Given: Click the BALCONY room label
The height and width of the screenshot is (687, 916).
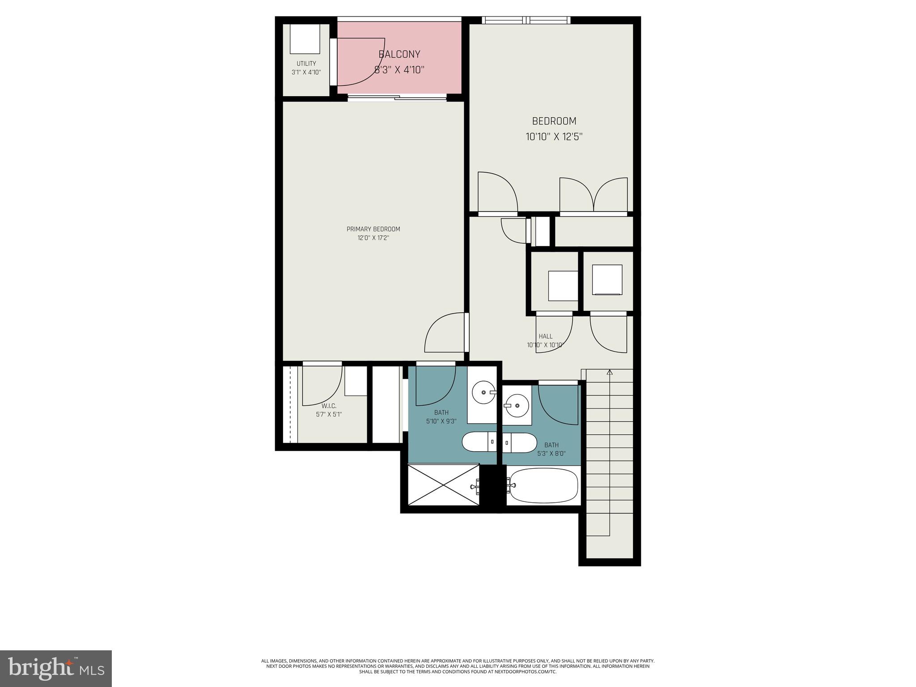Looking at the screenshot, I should click(x=399, y=55).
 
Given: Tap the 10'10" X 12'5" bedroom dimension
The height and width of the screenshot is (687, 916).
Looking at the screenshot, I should click(x=554, y=137).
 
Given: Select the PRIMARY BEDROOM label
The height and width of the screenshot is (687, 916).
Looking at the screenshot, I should click(x=373, y=229).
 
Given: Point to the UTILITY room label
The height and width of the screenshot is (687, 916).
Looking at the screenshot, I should click(x=306, y=64).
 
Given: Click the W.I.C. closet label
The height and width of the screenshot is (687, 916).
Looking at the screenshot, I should click(x=329, y=406).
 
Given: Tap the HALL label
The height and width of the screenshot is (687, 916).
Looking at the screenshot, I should click(x=545, y=336).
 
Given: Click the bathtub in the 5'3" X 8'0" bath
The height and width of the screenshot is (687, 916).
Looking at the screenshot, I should click(x=543, y=485).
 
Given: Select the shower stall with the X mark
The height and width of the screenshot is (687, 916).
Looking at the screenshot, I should click(x=443, y=485).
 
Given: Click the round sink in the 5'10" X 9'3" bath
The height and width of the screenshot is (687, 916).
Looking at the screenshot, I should click(x=484, y=392).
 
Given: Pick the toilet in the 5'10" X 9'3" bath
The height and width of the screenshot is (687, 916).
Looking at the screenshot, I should click(x=479, y=442).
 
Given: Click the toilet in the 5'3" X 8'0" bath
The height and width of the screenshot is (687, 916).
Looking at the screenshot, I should click(x=520, y=443).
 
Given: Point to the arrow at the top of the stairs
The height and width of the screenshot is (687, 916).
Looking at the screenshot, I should click(x=609, y=372).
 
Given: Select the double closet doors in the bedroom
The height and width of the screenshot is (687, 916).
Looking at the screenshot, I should click(x=594, y=195).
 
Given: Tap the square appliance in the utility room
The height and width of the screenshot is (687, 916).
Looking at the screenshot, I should click(x=305, y=39).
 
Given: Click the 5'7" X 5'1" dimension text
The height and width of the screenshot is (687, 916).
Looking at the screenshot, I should click(x=329, y=415).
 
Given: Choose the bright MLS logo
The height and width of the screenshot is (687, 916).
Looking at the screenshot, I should click(x=56, y=668).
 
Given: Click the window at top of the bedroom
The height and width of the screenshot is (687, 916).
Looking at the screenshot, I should click(x=526, y=20).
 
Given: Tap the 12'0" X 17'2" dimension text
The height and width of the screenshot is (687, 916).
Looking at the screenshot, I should click(x=373, y=238).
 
